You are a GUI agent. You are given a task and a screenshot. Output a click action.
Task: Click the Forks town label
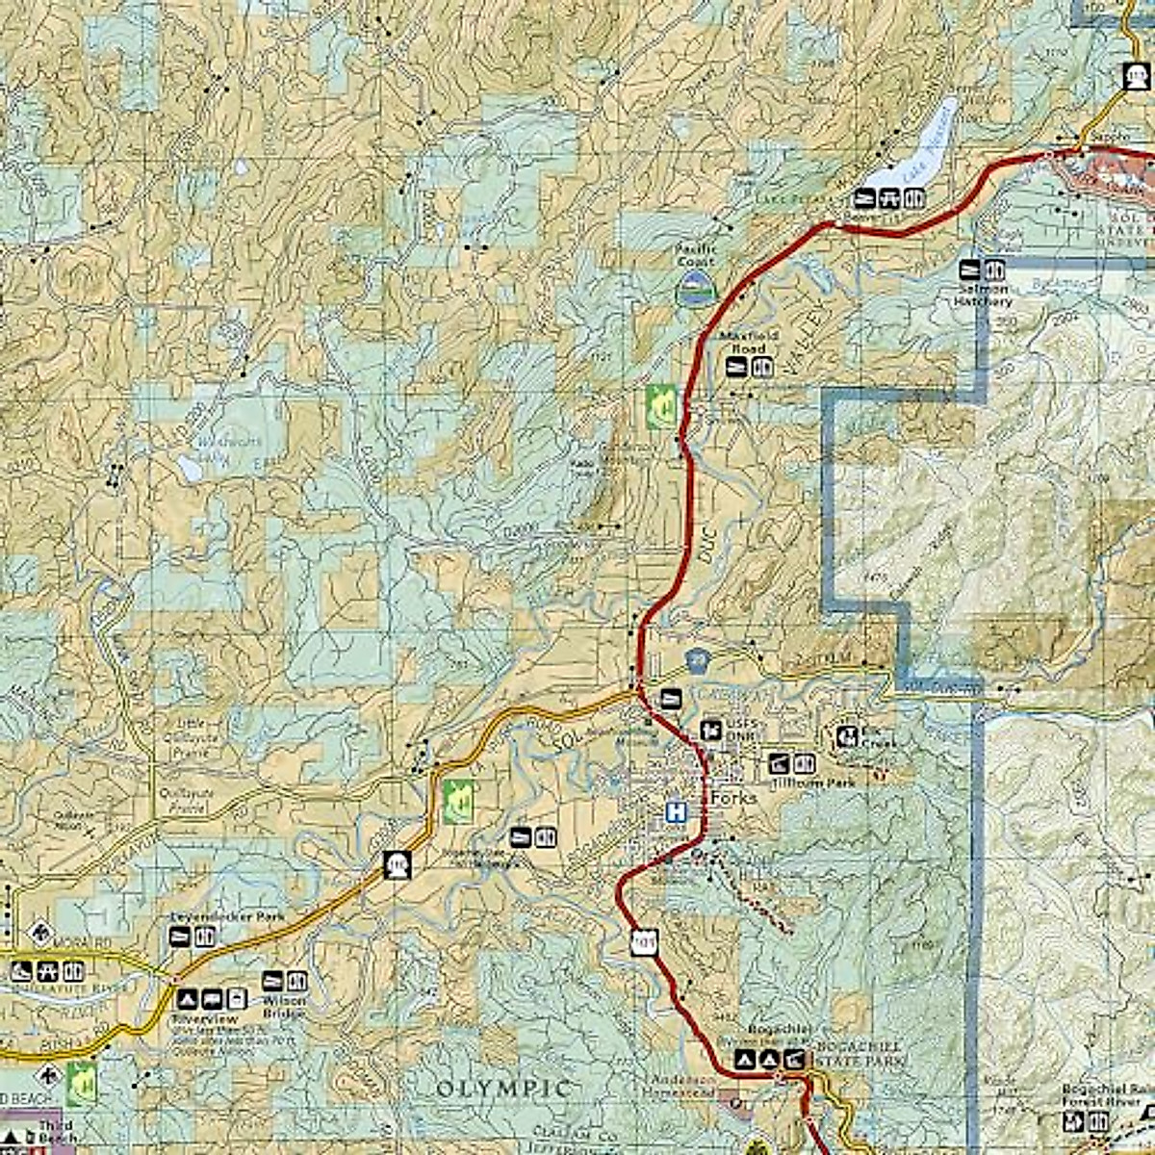click(x=734, y=798)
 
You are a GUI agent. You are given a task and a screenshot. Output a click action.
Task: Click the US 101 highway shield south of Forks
click(x=644, y=941)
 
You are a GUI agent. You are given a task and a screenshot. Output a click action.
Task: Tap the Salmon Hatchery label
click(x=983, y=295)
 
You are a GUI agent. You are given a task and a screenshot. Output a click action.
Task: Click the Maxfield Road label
click(x=743, y=343)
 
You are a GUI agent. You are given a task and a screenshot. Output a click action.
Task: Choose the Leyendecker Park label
click(x=226, y=917)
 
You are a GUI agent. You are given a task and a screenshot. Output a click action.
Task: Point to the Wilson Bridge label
click(x=284, y=1007)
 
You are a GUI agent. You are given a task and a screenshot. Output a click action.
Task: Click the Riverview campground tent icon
click(x=187, y=1000)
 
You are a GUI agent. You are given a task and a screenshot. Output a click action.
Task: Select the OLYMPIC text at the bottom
click(x=501, y=1089)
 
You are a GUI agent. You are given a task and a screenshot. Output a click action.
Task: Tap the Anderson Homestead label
click(x=684, y=1087)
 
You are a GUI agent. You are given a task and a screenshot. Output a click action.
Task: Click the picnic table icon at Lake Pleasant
click(x=889, y=199)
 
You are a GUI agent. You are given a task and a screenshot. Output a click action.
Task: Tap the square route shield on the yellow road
click(x=396, y=864)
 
